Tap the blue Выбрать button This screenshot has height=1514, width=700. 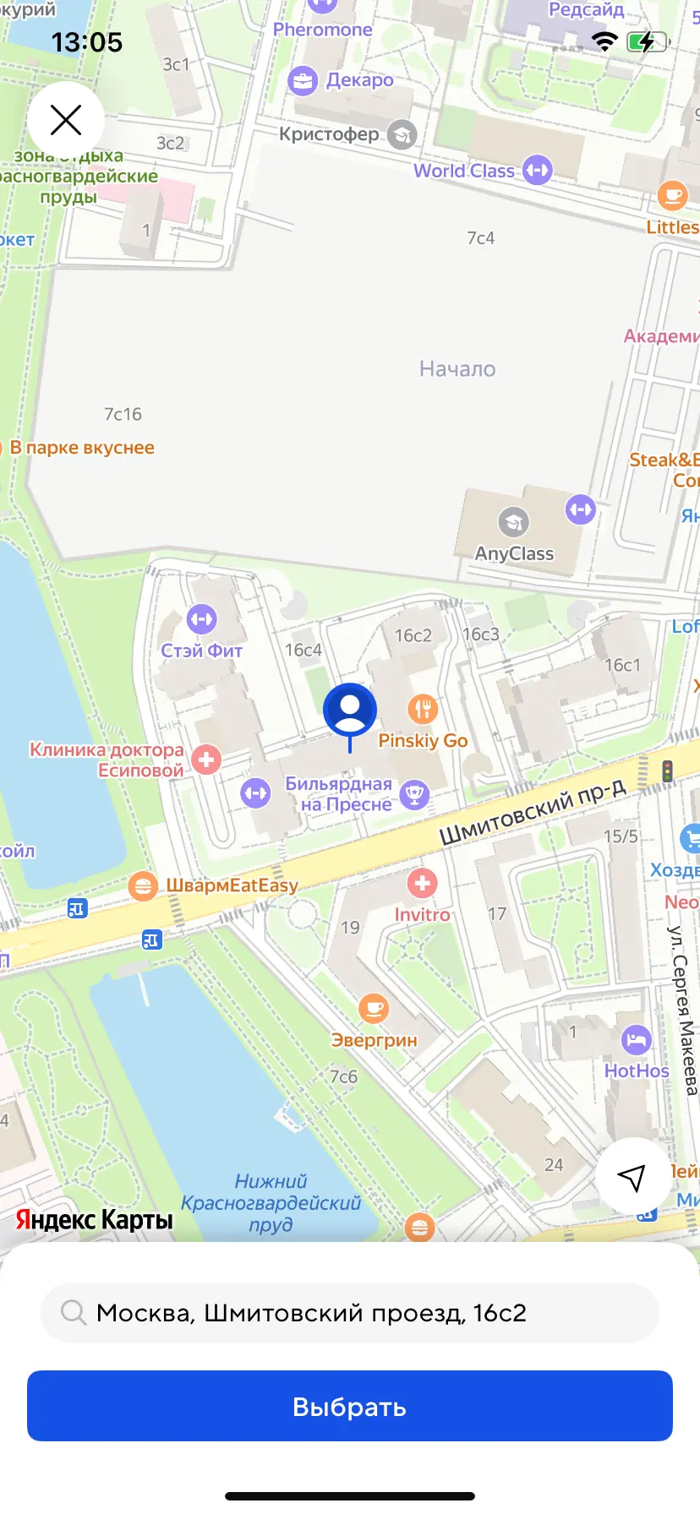click(x=349, y=1407)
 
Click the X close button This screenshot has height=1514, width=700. click(x=66, y=120)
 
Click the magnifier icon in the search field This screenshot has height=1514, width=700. click(x=74, y=1313)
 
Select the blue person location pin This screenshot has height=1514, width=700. click(x=349, y=711)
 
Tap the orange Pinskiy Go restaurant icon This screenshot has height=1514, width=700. click(x=423, y=708)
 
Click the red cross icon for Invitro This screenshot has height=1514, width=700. click(x=422, y=884)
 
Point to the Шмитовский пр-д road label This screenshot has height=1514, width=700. click(x=533, y=812)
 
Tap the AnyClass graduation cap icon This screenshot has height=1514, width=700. click(x=513, y=522)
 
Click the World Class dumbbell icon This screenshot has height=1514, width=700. click(x=537, y=170)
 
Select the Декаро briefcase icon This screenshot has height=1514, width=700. click(x=302, y=80)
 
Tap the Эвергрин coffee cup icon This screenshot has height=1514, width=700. click(x=373, y=1008)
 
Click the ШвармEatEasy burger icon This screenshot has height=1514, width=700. click(x=142, y=885)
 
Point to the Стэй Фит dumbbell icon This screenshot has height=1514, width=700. click(x=201, y=619)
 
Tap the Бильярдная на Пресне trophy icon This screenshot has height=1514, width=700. click(x=414, y=794)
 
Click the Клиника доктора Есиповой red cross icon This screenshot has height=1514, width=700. click(x=205, y=759)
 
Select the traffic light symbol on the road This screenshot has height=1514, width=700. click(x=668, y=771)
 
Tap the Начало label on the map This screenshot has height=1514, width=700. click(x=457, y=369)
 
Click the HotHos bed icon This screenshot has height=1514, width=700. click(x=636, y=1039)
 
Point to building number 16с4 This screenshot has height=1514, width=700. click(x=303, y=650)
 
